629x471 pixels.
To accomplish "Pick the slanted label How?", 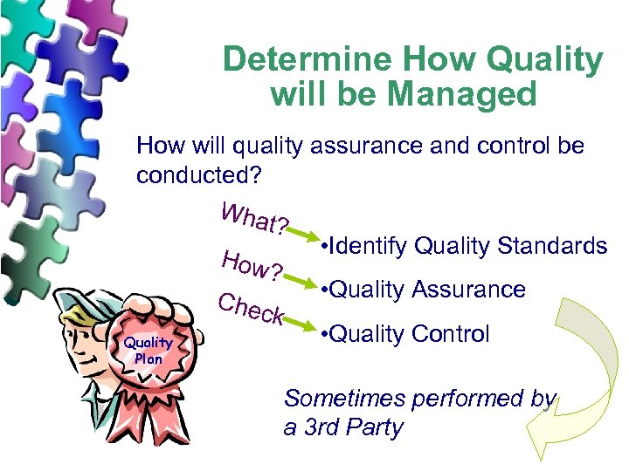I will point(252,264).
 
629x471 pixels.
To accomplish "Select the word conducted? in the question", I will point(196,174).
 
